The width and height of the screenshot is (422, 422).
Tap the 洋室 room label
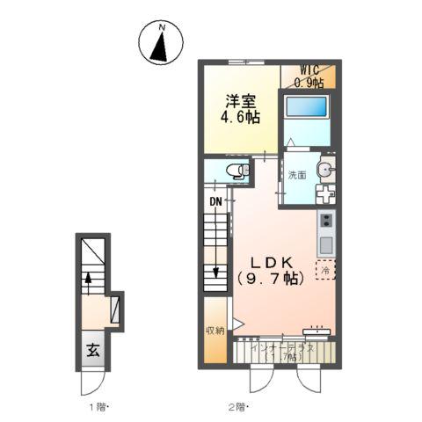240,101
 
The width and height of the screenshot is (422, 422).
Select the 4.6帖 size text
240,119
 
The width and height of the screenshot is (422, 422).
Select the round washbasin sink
324,170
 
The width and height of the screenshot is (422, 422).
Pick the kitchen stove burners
325,220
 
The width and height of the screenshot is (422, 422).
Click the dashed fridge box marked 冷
325,272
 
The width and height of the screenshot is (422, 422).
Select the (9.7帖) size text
270,280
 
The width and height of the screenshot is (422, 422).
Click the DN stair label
215,201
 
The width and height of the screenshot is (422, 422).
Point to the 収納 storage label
215,331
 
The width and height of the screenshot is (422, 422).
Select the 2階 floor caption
239,407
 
